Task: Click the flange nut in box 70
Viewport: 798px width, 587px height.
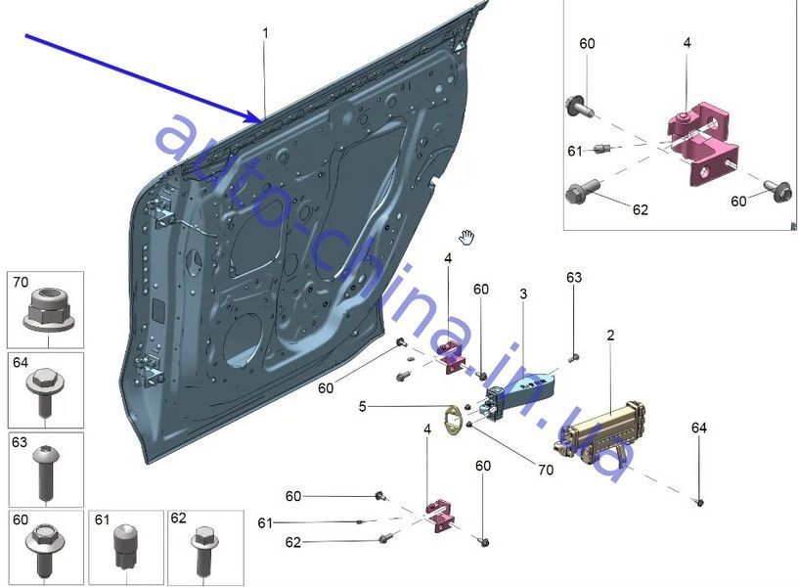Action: (49, 309)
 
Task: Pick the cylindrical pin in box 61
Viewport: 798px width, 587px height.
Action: (126, 546)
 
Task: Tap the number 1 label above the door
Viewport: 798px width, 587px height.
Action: (265, 33)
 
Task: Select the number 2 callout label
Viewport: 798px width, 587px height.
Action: (610, 335)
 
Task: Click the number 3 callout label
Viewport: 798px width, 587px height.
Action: (523, 293)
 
